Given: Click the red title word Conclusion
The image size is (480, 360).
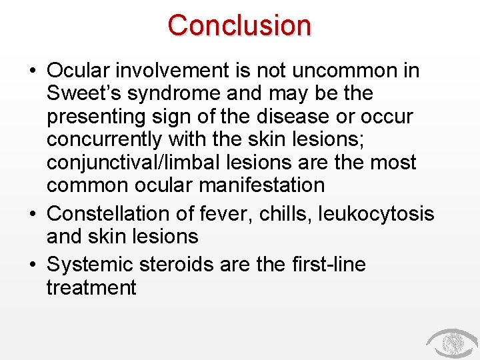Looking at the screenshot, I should tap(239, 25).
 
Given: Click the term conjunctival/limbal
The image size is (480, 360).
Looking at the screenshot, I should tap(141, 163).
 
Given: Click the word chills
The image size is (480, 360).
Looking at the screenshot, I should tap(294, 213).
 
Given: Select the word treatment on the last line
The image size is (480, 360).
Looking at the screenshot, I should tap(91, 288).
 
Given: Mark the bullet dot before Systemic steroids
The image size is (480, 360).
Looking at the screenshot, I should tap(33, 265).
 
